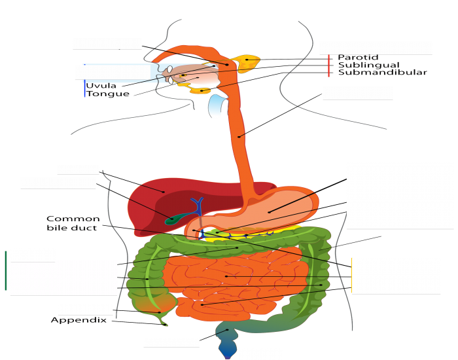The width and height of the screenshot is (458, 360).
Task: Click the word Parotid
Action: pos(358,58)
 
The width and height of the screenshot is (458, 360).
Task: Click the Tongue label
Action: pos(107,94)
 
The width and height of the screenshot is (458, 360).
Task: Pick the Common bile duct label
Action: pos(73,223)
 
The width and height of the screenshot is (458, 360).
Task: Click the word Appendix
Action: pos(79,320)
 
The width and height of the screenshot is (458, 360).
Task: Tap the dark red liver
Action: pos(157,196)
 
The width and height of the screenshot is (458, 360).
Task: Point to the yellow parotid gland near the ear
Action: pos(249,62)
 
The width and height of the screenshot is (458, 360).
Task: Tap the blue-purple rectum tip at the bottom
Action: pos(226,351)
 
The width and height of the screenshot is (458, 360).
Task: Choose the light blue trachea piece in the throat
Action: pos(216,105)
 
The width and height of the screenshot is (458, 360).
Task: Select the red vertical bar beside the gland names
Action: pos(328,65)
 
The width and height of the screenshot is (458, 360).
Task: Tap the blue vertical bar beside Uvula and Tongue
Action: pos(84,88)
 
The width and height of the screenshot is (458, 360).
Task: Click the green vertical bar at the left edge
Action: pos(5,270)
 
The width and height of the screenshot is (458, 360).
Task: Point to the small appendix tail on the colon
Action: pos(164,321)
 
